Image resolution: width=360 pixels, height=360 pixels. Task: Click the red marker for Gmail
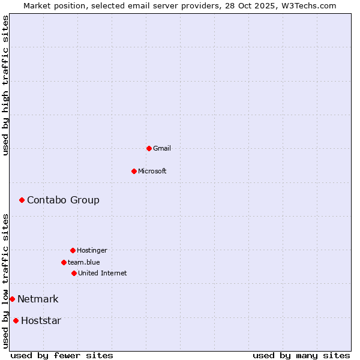[149, 148]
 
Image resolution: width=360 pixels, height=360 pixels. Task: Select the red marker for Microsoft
[134, 171]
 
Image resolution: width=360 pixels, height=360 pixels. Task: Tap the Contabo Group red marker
[22, 200]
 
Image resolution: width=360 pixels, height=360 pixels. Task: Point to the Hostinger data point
[73, 250]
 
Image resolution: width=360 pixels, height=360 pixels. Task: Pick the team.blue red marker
[64, 262]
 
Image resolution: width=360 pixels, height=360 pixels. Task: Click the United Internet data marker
[74, 273]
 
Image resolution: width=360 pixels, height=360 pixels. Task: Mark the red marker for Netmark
[12, 299]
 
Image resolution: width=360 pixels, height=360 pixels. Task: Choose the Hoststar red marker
[16, 320]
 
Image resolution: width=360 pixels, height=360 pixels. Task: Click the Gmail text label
[162, 148]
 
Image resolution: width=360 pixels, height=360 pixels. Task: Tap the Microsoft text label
[152, 171]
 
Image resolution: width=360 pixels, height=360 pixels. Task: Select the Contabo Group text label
[63, 200]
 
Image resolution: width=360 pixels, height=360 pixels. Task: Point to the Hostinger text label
[92, 250]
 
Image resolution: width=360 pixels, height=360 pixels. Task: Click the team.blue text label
[84, 262]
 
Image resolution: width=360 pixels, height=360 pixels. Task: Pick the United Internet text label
[103, 273]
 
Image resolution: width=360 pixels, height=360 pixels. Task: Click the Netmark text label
[38, 299]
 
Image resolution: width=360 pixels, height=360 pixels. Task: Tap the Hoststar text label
[41, 320]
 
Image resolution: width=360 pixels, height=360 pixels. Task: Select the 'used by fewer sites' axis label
[62, 355]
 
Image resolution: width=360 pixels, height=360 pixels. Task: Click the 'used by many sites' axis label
[301, 355]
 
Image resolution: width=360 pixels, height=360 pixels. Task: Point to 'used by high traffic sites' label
[5, 85]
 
